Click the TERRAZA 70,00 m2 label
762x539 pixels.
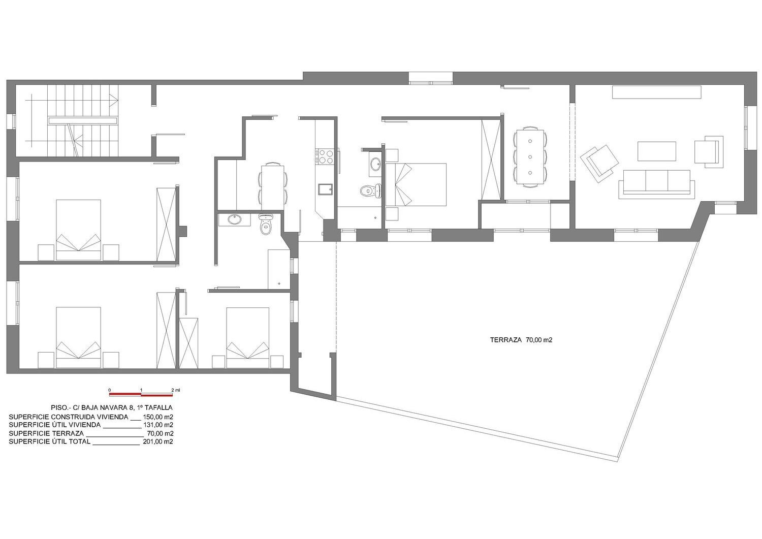tap(521, 340)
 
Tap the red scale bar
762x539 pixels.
tap(141, 394)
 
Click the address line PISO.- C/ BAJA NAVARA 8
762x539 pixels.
tap(112, 407)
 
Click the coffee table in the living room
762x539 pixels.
tap(656, 151)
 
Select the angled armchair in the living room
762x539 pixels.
tap(599, 163)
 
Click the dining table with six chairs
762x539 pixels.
tap(530, 156)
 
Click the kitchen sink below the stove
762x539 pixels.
tap(324, 189)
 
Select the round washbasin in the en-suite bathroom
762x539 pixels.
tap(375, 164)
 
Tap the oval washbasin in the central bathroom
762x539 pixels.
tap(235, 219)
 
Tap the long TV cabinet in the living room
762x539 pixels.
tap(656, 92)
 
